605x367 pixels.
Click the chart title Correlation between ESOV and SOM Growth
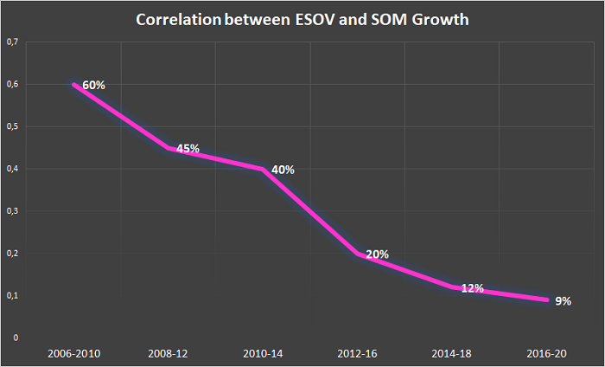tap(302, 20)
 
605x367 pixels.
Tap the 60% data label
tap(93, 85)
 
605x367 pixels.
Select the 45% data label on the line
tap(188, 149)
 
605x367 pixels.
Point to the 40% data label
tap(283, 170)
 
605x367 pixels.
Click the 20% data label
tap(377, 254)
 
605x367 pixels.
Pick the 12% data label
tap(472, 288)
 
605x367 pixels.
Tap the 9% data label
tap(563, 301)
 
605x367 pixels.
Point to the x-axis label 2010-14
tap(263, 354)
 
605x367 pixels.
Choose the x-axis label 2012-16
tap(357, 354)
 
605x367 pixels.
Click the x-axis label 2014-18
tap(452, 354)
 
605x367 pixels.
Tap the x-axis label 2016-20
tap(547, 354)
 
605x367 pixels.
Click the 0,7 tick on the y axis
tap(12, 42)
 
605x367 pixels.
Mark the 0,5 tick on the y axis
tap(12, 126)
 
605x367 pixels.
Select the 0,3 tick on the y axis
tap(12, 211)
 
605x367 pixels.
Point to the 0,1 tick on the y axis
tap(12, 296)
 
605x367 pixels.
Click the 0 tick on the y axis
tap(16, 338)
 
